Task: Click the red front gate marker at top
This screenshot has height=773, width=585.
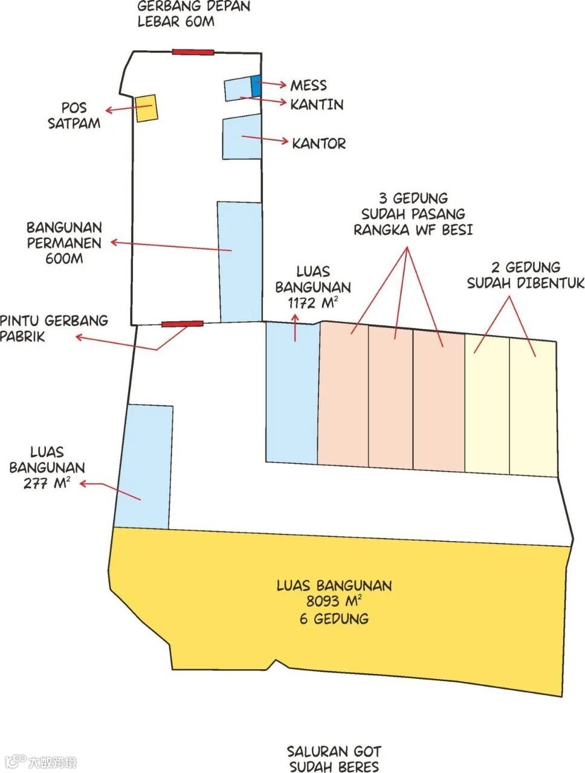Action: (x=193, y=52)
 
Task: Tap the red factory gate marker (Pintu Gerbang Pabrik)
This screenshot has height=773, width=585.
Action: (x=182, y=324)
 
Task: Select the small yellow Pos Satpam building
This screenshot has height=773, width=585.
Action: (x=146, y=108)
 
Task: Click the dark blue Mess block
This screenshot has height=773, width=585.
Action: (x=256, y=86)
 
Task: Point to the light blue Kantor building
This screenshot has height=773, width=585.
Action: (x=242, y=137)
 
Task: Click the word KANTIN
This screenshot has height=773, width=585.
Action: (x=317, y=104)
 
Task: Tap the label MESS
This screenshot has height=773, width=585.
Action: (x=308, y=85)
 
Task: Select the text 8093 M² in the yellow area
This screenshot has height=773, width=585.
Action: (x=334, y=601)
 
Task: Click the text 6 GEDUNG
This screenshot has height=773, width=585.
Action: (x=334, y=618)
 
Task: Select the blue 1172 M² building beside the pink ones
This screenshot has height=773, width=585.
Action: (x=292, y=393)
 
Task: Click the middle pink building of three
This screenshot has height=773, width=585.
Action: (x=391, y=399)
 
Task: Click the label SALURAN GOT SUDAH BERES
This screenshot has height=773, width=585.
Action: (x=334, y=759)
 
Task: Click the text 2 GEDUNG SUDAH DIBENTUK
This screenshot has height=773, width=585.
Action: (x=525, y=275)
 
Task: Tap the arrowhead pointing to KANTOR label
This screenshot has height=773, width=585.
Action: (x=286, y=142)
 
